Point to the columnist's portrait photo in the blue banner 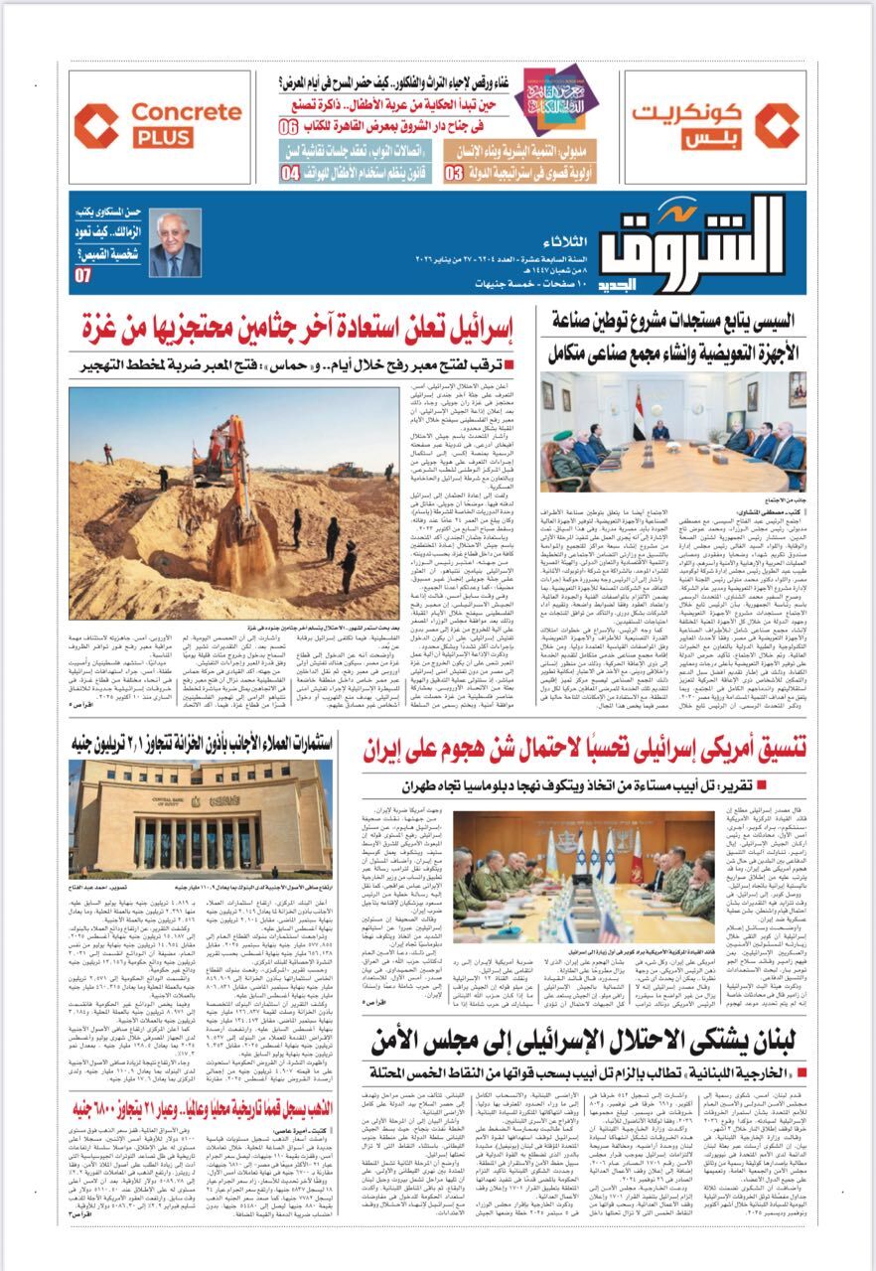tap(175, 244)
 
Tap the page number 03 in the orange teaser tap(453, 172)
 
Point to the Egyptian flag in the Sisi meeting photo tap(640, 406)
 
